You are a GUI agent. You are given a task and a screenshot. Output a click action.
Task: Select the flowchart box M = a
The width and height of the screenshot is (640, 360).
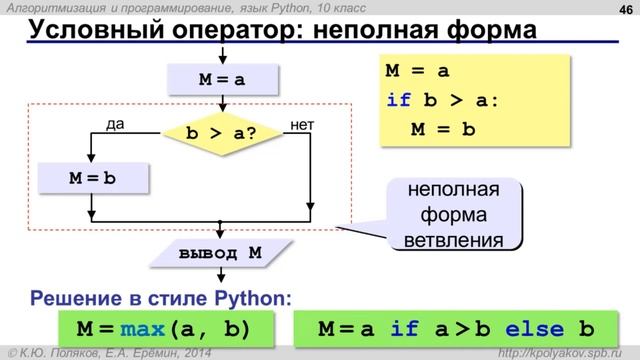click(x=220, y=78)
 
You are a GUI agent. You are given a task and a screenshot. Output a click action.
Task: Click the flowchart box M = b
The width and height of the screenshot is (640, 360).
click(x=92, y=178)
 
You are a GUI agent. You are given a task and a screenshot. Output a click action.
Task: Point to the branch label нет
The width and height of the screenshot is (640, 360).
click(x=300, y=124)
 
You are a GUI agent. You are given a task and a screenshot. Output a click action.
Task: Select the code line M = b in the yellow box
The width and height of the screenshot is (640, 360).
click(x=442, y=131)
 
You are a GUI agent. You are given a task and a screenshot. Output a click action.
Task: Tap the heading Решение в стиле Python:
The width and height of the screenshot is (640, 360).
click(x=162, y=297)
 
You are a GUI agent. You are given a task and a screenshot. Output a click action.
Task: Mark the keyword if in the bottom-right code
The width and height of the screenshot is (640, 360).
click(x=404, y=328)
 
